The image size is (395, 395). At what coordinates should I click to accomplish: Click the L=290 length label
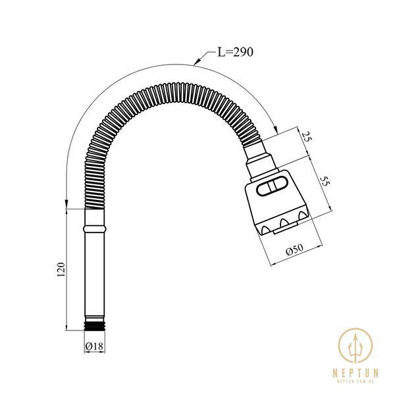pyautogui.click(x=235, y=52)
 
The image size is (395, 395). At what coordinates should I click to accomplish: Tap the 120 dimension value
pyautogui.click(x=61, y=269)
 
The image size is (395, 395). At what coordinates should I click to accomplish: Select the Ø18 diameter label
pyautogui.click(x=94, y=346)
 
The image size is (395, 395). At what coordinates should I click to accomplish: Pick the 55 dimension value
pyautogui.click(x=325, y=181)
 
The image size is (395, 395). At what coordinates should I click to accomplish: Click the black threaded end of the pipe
pyautogui.click(x=94, y=326)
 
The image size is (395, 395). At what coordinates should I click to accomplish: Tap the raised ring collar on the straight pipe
pyautogui.click(x=94, y=229)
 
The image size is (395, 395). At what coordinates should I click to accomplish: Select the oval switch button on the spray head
pyautogui.click(x=271, y=186)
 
